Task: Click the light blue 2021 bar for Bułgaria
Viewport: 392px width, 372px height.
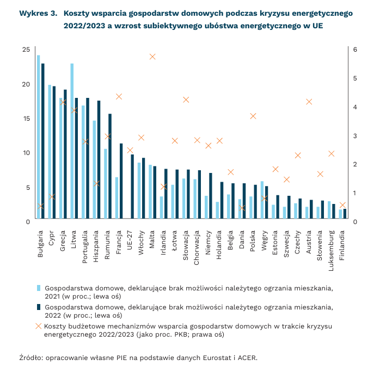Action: click(x=38, y=137)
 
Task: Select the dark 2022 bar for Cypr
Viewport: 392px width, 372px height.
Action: click(x=54, y=152)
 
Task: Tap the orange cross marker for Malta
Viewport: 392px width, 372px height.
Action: click(x=152, y=57)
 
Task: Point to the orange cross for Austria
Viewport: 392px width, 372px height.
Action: click(x=309, y=102)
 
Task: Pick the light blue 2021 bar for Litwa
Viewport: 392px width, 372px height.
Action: click(x=72, y=141)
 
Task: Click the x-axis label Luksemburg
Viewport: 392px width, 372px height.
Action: click(x=331, y=247)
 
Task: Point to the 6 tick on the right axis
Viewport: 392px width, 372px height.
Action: click(x=355, y=49)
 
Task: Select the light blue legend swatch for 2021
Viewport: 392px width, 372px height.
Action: click(x=38, y=288)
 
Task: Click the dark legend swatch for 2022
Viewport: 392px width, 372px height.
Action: click(x=38, y=307)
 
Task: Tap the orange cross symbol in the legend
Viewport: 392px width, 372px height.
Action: click(x=38, y=326)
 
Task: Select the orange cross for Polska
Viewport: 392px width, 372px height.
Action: click(x=253, y=116)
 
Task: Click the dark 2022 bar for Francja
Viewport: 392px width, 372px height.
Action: click(x=121, y=181)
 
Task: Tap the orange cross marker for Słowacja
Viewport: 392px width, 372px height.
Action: click(x=186, y=100)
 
